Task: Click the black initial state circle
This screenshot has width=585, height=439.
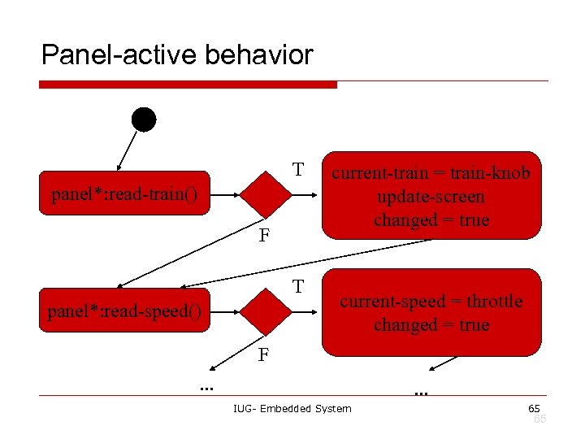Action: [144, 120]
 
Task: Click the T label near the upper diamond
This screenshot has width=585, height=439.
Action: [298, 170]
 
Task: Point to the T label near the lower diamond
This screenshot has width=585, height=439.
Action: [298, 287]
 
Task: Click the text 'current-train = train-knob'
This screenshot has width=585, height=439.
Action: [431, 173]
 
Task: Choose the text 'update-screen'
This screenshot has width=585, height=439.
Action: [431, 197]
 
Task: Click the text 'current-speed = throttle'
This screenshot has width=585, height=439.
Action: [431, 302]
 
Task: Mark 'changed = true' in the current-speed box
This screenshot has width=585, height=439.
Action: [431, 325]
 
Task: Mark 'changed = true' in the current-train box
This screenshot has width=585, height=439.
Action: [431, 220]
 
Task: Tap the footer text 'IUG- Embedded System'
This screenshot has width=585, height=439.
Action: [292, 408]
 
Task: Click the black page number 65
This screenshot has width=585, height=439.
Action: [534, 407]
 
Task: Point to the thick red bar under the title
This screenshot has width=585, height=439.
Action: [187, 84]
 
